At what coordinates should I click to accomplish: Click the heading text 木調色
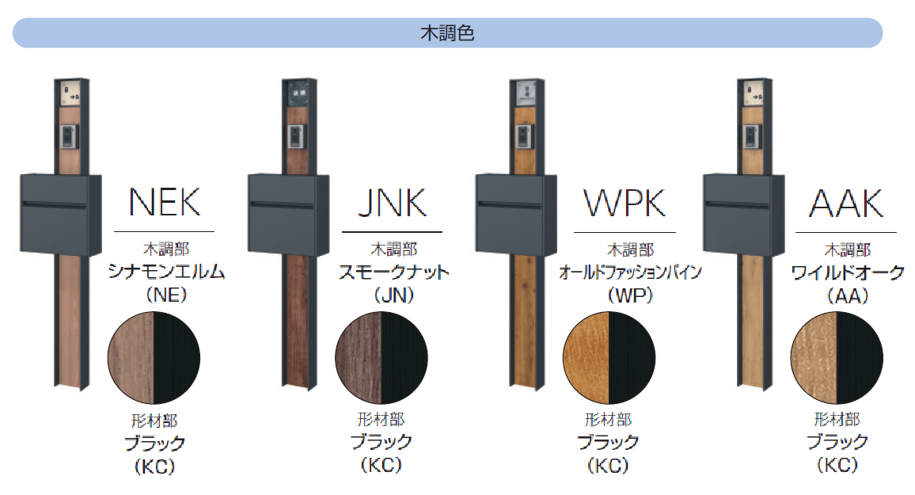pos(446,34)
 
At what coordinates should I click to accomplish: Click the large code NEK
pos(165,204)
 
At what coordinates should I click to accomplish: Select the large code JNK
pos(392,204)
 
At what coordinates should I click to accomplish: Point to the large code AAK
pos(845,204)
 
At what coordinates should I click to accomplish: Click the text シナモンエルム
pos(166,272)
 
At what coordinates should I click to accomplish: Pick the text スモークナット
pos(393,272)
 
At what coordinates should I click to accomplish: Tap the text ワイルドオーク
pos(848,272)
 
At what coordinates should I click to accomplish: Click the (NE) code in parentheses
pos(166,296)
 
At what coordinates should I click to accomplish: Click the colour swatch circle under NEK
pos(154,358)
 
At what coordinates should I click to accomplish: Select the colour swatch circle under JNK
pos(382,358)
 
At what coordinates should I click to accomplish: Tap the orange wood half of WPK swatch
pos(587,358)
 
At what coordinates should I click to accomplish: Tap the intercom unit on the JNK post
pos(298,137)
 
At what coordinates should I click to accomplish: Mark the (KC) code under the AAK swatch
pos(837,465)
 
